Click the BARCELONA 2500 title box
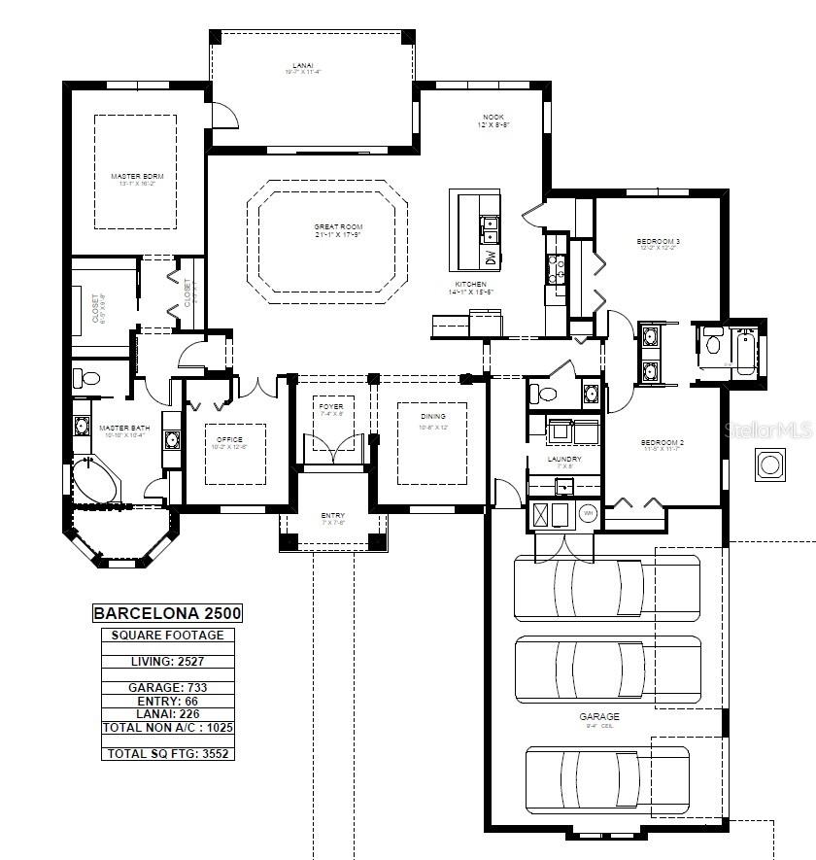[x=166, y=613]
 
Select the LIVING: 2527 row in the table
[x=166, y=662]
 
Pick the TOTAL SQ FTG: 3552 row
[x=166, y=753]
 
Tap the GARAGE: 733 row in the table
[x=166, y=687]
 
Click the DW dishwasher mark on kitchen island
[x=490, y=258]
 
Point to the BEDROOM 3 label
[x=658, y=243]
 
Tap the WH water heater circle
[x=587, y=512]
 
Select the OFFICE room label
[x=229, y=442]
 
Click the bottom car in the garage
[x=607, y=778]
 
